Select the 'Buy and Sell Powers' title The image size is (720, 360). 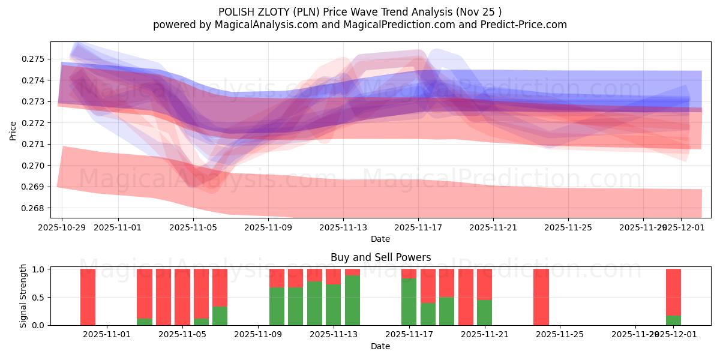coord(380,257)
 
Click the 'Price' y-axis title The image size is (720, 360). coord(13,130)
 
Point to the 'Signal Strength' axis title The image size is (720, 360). coord(23,296)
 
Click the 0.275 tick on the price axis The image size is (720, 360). coord(34,59)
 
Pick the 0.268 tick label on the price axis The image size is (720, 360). coord(34,208)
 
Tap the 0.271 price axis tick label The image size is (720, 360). coord(34,144)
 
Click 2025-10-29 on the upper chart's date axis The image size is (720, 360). coord(62,227)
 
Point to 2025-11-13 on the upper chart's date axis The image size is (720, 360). coord(343,227)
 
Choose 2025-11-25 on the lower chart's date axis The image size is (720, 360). coord(559,335)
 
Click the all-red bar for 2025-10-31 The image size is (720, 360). coord(88,297)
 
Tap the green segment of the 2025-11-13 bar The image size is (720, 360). coord(352,300)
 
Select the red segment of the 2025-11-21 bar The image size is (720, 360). coord(484,284)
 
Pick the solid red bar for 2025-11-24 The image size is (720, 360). coord(541,297)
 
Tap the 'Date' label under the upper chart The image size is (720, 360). coord(380,239)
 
